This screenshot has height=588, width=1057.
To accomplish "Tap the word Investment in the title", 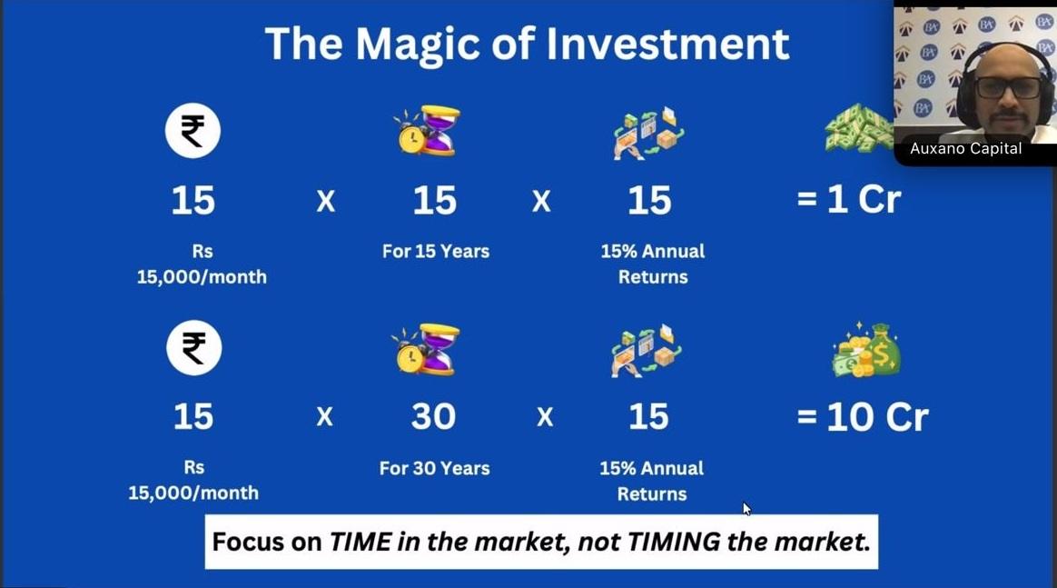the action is tap(667, 44).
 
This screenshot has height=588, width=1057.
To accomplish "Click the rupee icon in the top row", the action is tap(193, 131).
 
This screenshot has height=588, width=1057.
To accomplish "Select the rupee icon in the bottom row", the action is tap(193, 348).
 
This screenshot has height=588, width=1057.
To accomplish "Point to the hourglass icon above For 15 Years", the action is tap(428, 131).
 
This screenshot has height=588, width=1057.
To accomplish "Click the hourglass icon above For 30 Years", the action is tap(427, 350).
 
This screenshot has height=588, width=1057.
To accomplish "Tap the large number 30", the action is tap(433, 417).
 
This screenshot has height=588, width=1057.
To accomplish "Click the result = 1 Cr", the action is tap(849, 200).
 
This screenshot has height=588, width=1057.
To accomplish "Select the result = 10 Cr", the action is tap(863, 417).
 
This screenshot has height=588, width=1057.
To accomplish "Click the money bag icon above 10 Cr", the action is tap(866, 350).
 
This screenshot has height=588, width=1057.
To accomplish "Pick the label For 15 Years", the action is tap(436, 252).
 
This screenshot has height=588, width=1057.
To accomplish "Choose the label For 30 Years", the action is tap(434, 468).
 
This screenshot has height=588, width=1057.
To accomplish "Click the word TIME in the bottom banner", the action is tap(360, 542).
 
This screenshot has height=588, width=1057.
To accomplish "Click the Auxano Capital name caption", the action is tap(966, 148).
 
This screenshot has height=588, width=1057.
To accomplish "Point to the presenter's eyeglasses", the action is tap(1009, 87).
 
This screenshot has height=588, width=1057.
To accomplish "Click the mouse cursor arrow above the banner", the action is tap(746, 508).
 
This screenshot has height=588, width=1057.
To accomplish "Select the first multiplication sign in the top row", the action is tap(326, 201).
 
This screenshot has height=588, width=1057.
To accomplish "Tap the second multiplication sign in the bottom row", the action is tap(545, 417).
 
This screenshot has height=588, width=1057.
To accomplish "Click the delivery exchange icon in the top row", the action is tap(648, 132).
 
